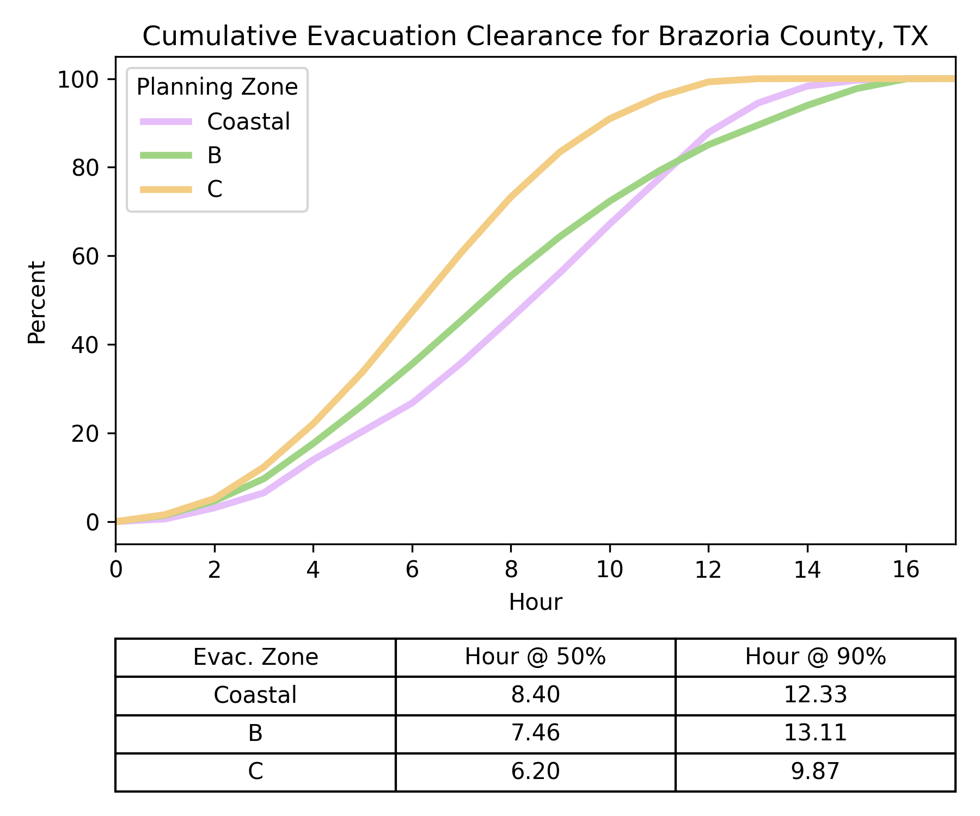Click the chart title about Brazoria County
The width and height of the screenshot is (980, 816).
[535, 37]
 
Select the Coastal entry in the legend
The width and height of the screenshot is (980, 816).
[248, 122]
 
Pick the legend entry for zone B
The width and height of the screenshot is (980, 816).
[215, 156]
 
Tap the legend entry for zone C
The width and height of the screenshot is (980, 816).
[215, 189]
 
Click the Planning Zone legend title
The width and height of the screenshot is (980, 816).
[217, 88]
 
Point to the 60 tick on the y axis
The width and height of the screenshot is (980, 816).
[85, 256]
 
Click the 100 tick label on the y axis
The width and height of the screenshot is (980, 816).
[79, 79]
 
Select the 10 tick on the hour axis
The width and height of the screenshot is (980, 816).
[609, 570]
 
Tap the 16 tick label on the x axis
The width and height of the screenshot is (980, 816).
[906, 570]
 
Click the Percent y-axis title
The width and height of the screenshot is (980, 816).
[37, 302]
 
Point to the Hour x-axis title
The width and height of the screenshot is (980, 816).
[535, 603]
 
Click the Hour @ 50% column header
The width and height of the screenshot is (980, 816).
[535, 657]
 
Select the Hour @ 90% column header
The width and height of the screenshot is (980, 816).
[815, 657]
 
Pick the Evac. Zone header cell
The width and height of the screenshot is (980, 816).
[255, 657]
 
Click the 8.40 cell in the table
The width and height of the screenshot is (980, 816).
[535, 695]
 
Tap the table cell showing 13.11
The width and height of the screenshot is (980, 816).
[815, 733]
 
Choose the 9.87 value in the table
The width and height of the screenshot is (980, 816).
[815, 771]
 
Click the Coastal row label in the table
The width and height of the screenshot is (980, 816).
[255, 695]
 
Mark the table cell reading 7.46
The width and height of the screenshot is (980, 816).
[535, 733]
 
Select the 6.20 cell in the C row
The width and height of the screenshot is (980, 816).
[535, 771]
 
